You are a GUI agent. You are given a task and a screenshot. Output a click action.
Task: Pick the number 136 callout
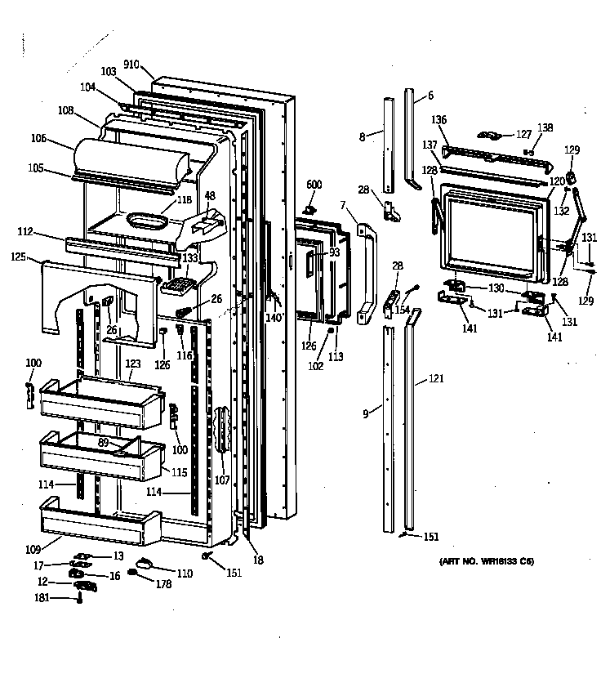point(439,120)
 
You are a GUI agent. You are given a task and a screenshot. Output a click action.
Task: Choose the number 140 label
point(275,316)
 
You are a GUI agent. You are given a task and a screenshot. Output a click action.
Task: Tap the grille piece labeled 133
point(179,285)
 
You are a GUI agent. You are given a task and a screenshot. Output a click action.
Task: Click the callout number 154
point(402,310)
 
